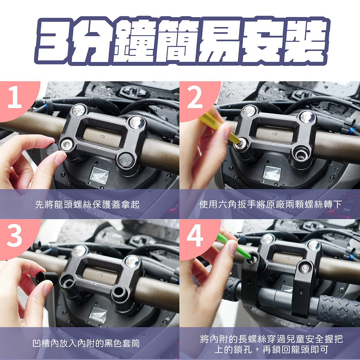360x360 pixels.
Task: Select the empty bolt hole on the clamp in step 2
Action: [301, 155]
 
